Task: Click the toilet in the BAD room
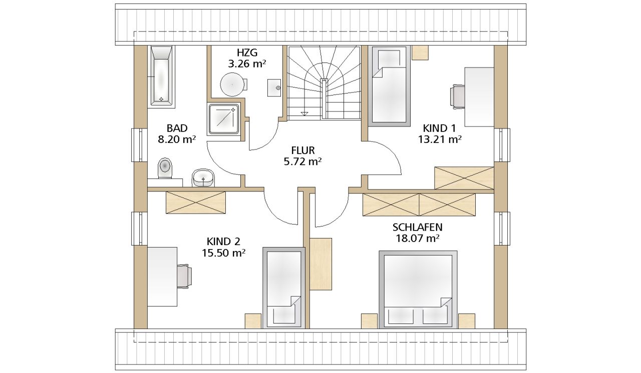[x=165, y=168]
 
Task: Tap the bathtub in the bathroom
[x=161, y=76]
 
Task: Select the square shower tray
[x=224, y=119]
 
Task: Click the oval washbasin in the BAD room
[x=203, y=177]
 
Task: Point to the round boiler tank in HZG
[x=232, y=84]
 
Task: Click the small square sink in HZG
[x=274, y=87]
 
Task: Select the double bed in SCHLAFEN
[x=418, y=289]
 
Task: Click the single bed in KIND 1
[x=389, y=86]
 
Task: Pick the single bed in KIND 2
[x=284, y=288]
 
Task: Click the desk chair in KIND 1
[x=458, y=96]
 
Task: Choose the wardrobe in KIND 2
[x=196, y=202]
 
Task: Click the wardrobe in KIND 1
[x=464, y=178]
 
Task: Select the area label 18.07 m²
[x=417, y=238]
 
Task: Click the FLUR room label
[x=303, y=150]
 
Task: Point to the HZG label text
[x=247, y=53]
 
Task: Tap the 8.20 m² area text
[x=177, y=139]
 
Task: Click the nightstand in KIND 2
[x=253, y=321]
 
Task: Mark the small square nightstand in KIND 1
[x=420, y=53]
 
